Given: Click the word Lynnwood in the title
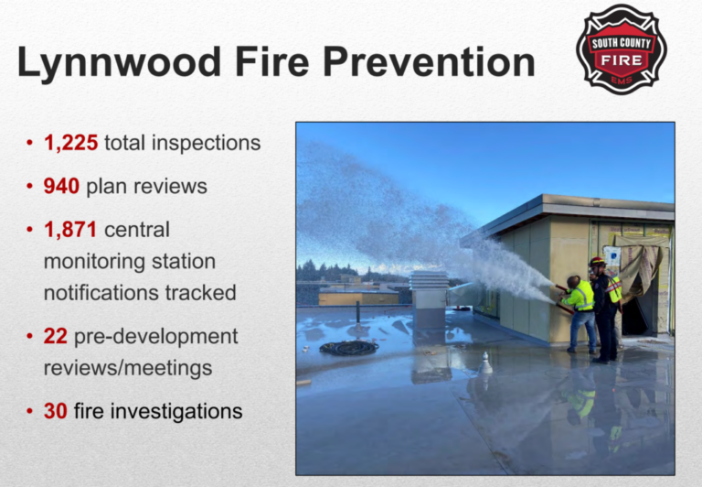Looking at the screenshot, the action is pyautogui.click(x=119, y=62).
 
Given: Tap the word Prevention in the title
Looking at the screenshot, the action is pyautogui.click(x=429, y=61).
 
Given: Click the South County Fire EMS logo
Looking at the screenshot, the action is pyautogui.click(x=622, y=49).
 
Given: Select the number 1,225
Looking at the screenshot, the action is pyautogui.click(x=70, y=143).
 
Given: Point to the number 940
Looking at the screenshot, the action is pyautogui.click(x=61, y=186).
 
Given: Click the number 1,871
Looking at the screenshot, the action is pyautogui.click(x=70, y=230).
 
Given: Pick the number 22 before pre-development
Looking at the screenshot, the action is pyautogui.click(x=56, y=336).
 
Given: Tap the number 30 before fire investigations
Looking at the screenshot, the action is pyautogui.click(x=56, y=411).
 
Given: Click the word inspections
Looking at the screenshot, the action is pyautogui.click(x=206, y=144).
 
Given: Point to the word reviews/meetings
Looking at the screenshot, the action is pyautogui.click(x=128, y=368).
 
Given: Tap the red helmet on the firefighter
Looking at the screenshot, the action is pyautogui.click(x=597, y=261).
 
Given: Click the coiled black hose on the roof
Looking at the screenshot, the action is pyautogui.click(x=349, y=348).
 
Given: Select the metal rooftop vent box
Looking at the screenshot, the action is pyautogui.click(x=429, y=299).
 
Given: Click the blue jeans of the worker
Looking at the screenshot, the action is pyautogui.click(x=583, y=330).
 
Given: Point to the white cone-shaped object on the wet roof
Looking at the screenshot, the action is pyautogui.click(x=484, y=363).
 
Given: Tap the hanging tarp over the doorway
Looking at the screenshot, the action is pyautogui.click(x=637, y=265).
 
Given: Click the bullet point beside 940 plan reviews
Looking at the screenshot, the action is pyautogui.click(x=29, y=186).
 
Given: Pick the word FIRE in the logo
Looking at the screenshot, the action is pyautogui.click(x=622, y=60).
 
